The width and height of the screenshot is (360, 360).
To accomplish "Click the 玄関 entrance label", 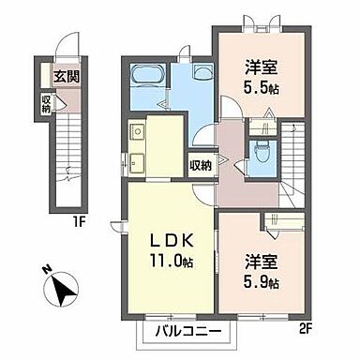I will (65, 78).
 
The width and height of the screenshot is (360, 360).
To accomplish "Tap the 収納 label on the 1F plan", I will (45, 99).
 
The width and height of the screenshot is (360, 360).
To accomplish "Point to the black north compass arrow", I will (63, 292).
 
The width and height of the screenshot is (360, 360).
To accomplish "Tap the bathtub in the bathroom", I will (147, 75).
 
